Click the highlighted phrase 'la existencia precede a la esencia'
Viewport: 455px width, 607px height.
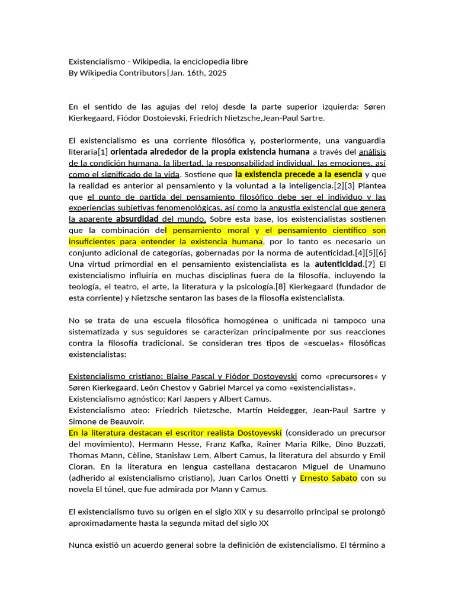click(x=299, y=174)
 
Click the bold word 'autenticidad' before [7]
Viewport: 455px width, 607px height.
click(x=338, y=264)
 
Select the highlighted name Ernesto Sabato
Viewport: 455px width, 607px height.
click(x=329, y=478)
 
